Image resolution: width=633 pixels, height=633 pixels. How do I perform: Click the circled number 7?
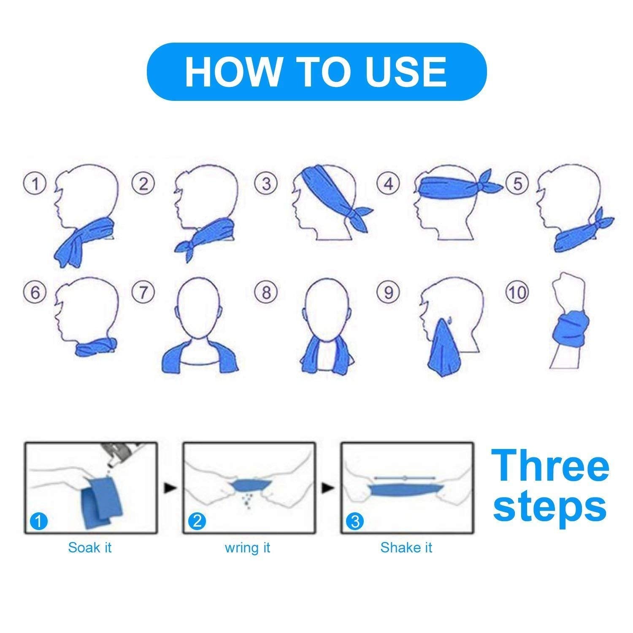pos(143,292)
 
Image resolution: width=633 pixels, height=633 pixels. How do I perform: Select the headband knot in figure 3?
pos(357,215)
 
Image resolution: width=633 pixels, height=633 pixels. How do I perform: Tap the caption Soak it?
pos(90,548)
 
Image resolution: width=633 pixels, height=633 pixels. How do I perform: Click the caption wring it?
pos(247,548)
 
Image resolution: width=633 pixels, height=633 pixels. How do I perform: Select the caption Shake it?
pos(406,548)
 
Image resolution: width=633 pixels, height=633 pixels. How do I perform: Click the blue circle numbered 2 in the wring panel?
pos(197,522)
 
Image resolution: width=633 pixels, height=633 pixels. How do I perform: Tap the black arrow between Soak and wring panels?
pos(170,488)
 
